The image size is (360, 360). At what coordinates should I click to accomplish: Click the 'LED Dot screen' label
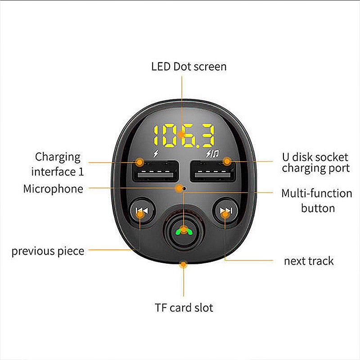[189, 67]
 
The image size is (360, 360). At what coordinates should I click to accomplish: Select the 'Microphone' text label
[53, 189]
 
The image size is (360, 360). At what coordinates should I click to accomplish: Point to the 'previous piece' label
[48, 251]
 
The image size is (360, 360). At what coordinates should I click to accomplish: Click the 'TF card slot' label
[184, 308]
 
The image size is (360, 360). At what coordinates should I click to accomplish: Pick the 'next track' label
[309, 261]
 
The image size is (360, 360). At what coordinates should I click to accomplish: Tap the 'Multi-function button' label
[317, 201]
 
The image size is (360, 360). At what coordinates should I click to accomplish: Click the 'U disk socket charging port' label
[315, 163]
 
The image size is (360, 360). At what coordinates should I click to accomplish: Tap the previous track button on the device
[142, 211]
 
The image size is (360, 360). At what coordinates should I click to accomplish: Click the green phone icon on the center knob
[183, 231]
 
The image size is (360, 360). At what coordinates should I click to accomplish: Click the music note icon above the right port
[215, 153]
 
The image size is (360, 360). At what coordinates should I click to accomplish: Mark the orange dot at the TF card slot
[183, 264]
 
